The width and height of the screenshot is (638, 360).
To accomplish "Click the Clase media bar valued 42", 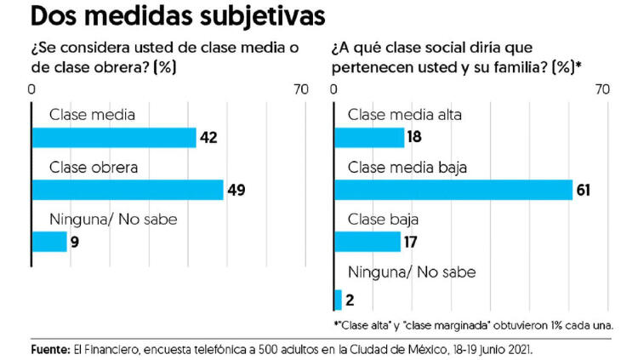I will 114,138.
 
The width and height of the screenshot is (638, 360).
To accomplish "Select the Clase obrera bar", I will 127,190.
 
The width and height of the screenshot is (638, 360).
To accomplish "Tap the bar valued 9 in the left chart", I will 49,242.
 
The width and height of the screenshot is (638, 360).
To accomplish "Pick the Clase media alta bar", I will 369,138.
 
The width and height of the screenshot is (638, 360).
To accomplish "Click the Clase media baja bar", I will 453,190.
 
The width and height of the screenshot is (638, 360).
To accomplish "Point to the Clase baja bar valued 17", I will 367,242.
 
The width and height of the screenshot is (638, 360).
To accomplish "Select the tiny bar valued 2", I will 338,300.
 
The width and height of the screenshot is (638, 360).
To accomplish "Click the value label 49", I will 236,190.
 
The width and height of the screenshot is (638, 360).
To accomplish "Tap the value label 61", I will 584,190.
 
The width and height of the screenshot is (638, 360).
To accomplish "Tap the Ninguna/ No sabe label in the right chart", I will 412,272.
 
